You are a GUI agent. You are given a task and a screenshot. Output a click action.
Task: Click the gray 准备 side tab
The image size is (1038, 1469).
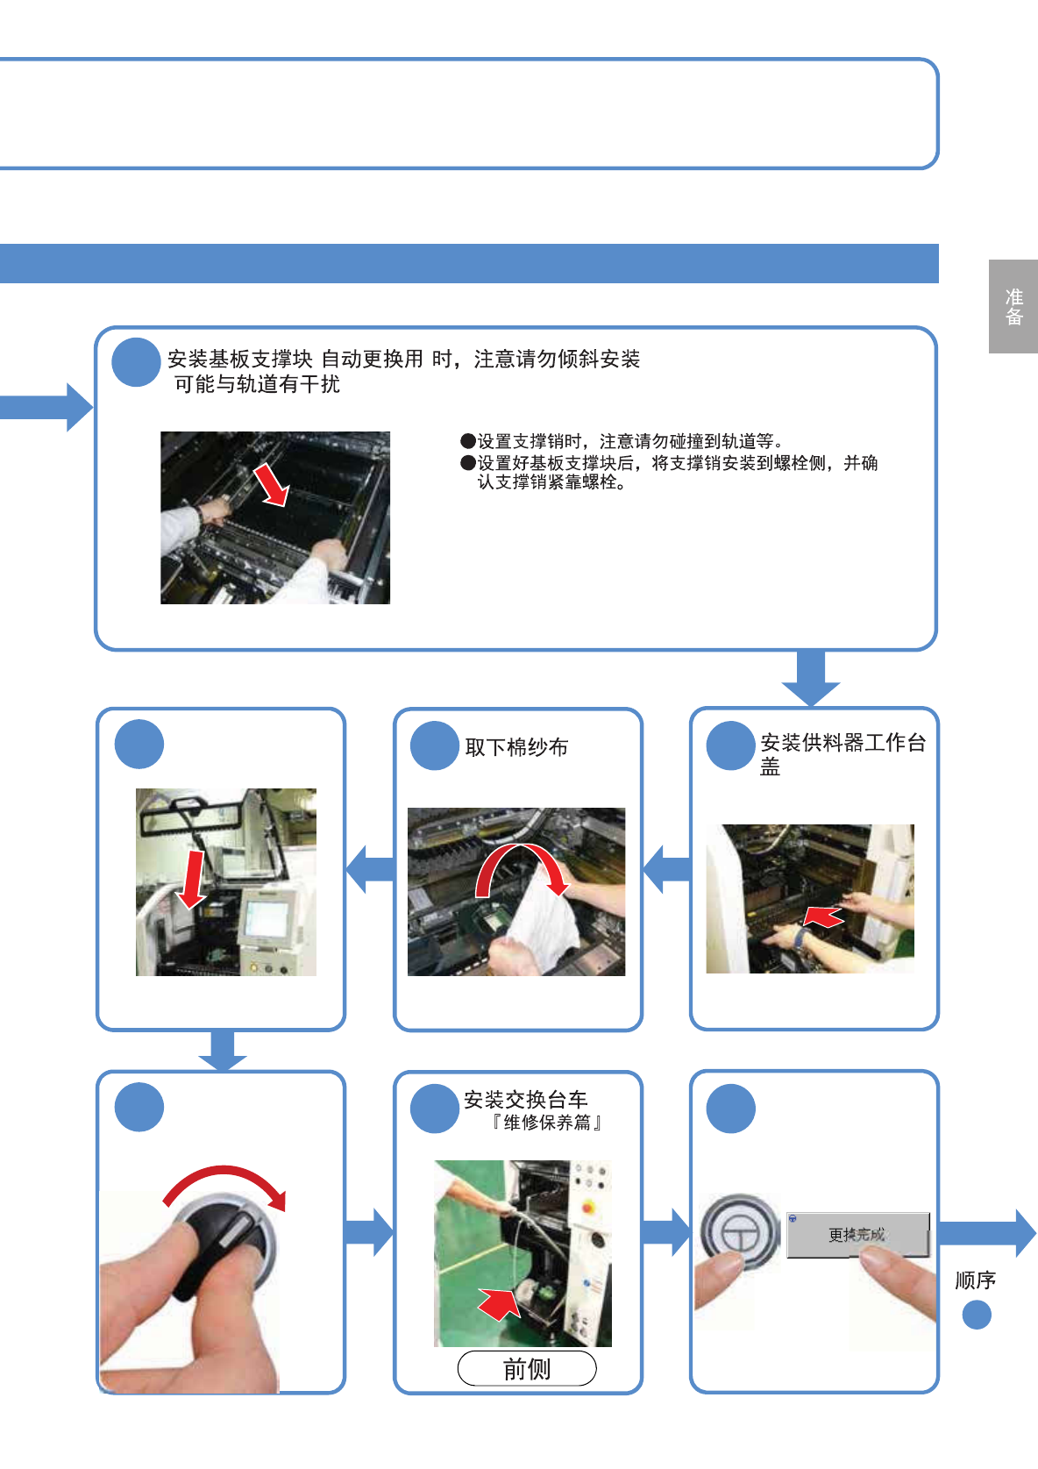1013,307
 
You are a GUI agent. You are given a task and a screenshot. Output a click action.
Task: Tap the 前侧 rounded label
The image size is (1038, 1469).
527,1368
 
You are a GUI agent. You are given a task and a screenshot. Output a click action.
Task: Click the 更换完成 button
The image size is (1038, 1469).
857,1235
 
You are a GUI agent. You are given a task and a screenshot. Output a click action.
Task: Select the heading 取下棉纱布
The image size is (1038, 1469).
516,747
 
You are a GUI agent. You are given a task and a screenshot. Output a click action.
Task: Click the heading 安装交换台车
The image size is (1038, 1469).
525,1100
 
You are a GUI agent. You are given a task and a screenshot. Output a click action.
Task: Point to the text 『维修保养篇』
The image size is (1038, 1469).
546,1123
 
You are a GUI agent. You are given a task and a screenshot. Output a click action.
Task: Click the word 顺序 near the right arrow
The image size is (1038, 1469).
975,1280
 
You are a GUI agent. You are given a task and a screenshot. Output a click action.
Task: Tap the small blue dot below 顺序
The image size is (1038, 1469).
977,1315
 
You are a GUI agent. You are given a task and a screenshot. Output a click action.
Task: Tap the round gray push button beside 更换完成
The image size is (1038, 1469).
740,1230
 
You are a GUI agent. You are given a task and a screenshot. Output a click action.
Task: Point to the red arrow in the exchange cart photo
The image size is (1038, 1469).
500,1302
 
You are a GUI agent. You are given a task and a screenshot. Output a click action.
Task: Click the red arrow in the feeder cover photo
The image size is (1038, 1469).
823,917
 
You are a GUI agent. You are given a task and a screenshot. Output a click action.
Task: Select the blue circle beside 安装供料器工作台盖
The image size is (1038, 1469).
730,745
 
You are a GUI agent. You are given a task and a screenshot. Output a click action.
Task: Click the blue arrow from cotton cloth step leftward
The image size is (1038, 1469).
370,869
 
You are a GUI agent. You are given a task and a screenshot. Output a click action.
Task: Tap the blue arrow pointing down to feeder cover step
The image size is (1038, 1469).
811,678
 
